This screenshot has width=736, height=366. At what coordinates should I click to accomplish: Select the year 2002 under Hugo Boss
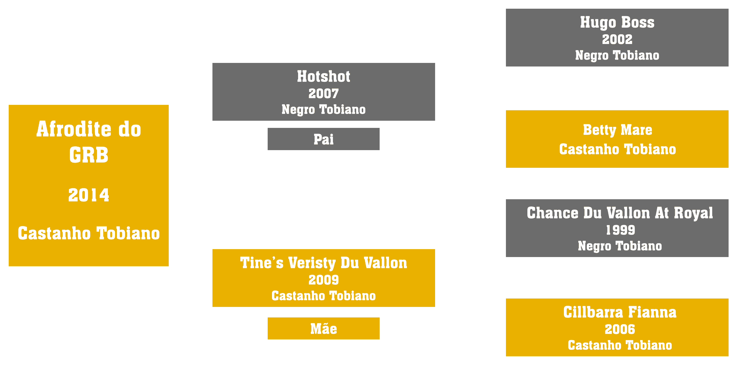[617, 39]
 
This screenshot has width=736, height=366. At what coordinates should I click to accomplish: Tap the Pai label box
[323, 139]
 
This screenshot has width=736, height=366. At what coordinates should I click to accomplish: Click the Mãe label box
[323, 328]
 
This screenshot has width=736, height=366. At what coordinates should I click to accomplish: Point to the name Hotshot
[323, 76]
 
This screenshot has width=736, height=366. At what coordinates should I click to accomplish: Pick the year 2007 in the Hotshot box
[323, 94]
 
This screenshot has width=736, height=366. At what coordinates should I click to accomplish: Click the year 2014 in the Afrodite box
[88, 195]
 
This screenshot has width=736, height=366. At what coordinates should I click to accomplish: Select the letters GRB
[88, 155]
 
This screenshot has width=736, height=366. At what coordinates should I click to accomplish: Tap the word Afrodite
[74, 129]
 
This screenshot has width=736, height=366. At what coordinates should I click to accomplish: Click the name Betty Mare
[617, 130]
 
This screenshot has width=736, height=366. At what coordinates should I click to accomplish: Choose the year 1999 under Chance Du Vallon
[620, 230]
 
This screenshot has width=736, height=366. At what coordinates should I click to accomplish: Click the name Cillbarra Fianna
[620, 312]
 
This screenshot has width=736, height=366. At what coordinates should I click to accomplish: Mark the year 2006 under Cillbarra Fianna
[620, 329]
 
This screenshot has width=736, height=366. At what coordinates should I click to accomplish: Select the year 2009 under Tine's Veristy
[323, 280]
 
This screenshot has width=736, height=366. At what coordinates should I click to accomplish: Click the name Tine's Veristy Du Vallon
[323, 263]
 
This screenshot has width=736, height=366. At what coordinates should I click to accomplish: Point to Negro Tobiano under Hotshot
[323, 110]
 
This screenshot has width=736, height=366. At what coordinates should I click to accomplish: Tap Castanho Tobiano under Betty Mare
[617, 149]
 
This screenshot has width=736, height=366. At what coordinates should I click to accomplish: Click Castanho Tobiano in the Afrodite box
[88, 233]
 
